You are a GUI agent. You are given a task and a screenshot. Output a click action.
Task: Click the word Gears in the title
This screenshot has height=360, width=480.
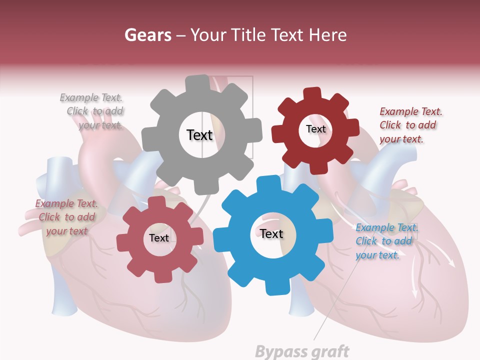(147, 35)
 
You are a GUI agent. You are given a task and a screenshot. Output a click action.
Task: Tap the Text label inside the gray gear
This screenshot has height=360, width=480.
(199, 135)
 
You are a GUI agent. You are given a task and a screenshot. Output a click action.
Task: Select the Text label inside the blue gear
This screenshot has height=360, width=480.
(271, 233)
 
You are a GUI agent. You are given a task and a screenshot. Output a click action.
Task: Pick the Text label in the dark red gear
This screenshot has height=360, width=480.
(315, 129)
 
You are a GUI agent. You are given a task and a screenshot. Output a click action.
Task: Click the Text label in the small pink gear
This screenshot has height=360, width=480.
(159, 238)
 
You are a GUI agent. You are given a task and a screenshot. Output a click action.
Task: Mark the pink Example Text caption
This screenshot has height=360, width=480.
(66, 217)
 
